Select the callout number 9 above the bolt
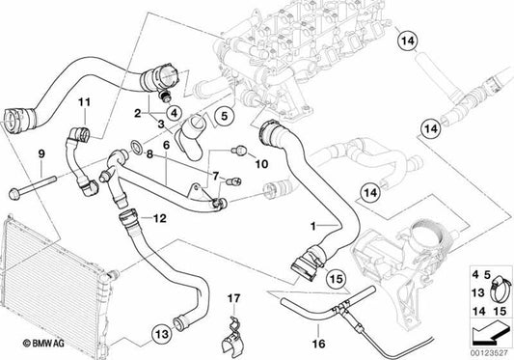(x=41, y=154)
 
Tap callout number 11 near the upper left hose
(x=83, y=102)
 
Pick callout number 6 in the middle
(x=166, y=144)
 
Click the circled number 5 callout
(x=223, y=118)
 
